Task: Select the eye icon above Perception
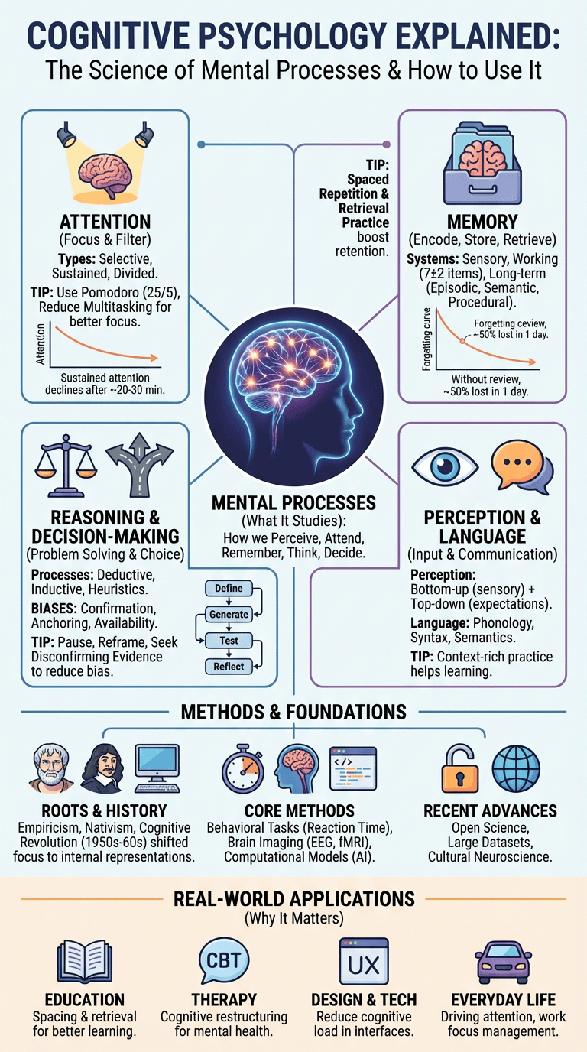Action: click(x=444, y=468)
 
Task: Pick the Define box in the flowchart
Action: click(x=229, y=589)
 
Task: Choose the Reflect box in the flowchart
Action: click(x=229, y=667)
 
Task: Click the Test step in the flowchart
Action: click(x=229, y=641)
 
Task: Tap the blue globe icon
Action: click(x=515, y=766)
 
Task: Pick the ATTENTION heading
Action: click(x=105, y=222)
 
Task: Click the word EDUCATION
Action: click(x=84, y=999)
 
